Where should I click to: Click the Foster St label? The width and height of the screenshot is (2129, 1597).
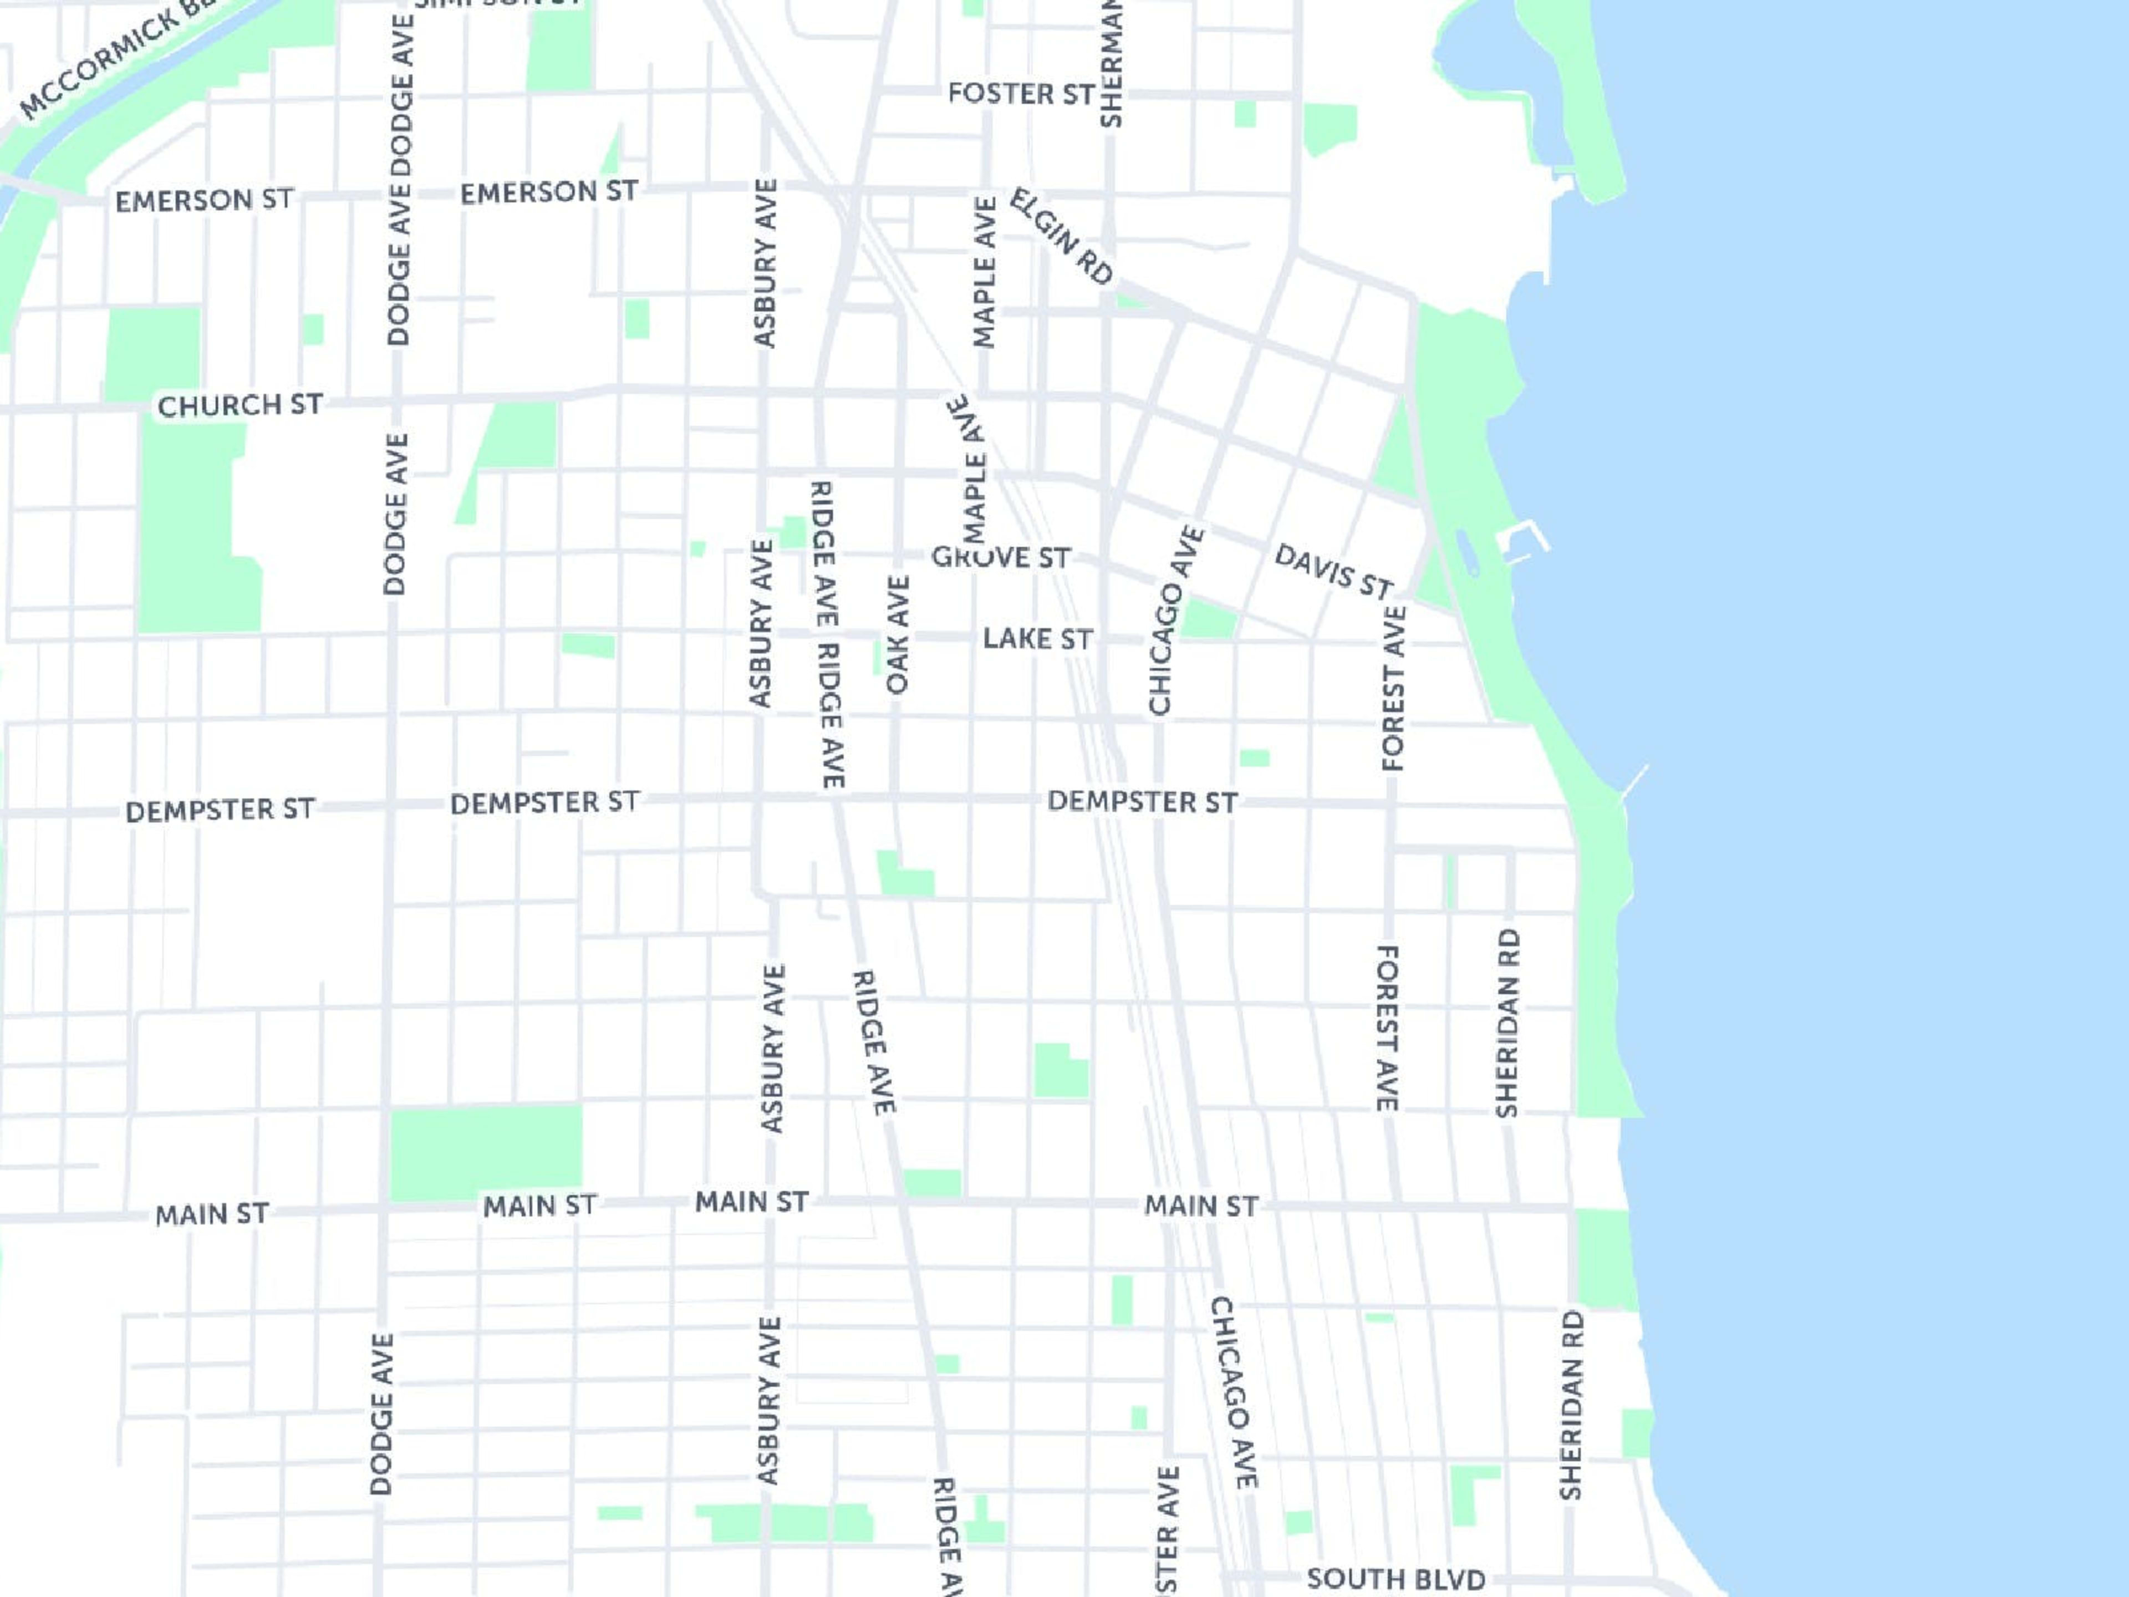1020,94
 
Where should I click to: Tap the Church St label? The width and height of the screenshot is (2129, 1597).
240,405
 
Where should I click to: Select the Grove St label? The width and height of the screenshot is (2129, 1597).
1000,557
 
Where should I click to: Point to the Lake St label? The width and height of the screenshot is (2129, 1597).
1037,639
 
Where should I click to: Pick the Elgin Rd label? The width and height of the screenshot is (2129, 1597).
1061,237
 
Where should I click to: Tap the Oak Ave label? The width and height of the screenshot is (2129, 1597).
897,635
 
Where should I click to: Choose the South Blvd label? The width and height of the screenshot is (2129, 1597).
1395,1579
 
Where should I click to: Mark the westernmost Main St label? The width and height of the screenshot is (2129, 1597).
212,1214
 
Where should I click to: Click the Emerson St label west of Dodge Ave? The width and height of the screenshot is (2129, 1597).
204,200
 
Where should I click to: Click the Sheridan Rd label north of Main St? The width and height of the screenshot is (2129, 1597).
1507,1023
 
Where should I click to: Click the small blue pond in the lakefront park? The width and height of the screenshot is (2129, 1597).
1467,552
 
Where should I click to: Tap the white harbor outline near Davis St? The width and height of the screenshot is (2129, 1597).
1526,541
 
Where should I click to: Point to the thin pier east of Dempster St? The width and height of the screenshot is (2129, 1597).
1634,781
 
